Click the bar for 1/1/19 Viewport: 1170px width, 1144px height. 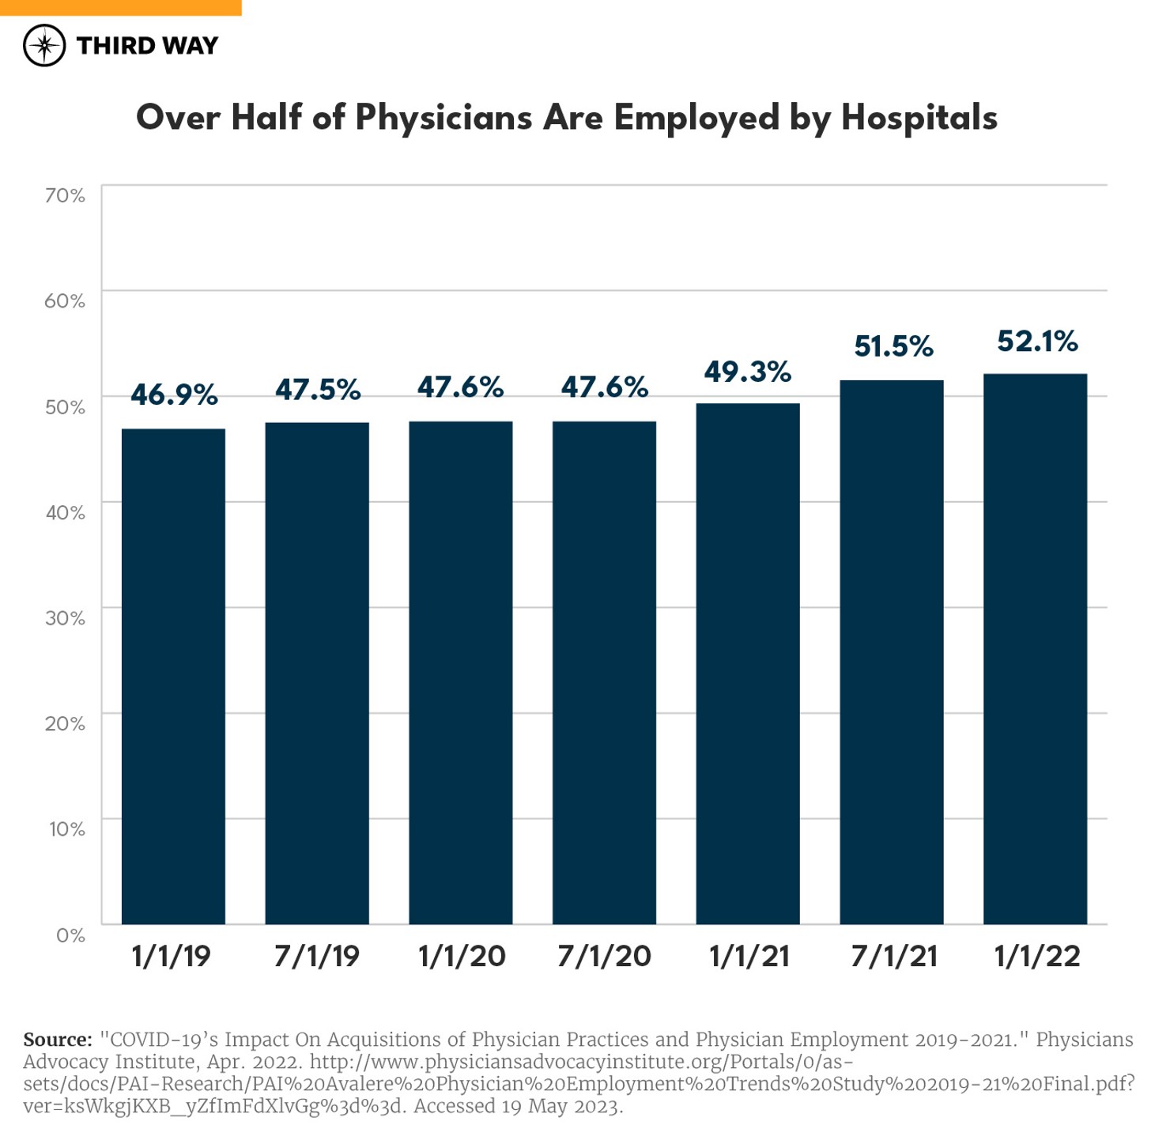coord(173,676)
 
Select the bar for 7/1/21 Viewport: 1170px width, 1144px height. coord(891,652)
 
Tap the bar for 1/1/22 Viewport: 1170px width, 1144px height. coord(1035,648)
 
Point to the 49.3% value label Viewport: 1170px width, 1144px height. coord(747,372)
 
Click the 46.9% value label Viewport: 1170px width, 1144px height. coord(174,395)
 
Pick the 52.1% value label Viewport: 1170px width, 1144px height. coord(1037,342)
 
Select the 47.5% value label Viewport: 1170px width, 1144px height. coord(318,390)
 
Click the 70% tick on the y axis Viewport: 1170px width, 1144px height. coord(65,195)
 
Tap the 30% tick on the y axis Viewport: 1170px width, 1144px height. coord(65,618)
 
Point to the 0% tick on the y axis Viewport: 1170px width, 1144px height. coord(70,935)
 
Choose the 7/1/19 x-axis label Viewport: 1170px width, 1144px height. coord(317,957)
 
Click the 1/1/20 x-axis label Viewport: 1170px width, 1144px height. coord(461,957)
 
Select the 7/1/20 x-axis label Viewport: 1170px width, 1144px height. coord(604,957)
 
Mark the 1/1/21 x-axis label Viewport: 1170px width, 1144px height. coord(749,957)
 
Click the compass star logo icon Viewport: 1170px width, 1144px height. coord(44,45)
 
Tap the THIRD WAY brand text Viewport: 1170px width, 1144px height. coord(147,46)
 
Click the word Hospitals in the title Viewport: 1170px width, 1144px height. coord(919,118)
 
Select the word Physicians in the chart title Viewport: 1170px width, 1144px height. coord(443,118)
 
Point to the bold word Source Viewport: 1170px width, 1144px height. coord(58,1040)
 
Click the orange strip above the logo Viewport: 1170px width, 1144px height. coord(120,7)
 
